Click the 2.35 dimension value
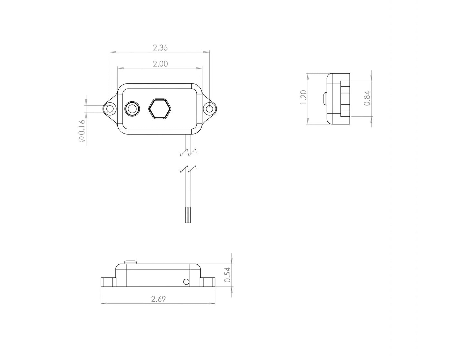click(160, 48)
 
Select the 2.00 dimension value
click(160, 64)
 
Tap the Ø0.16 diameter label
click(81, 131)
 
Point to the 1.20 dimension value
click(303, 97)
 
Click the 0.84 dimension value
click(367, 98)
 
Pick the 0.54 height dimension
click(227, 275)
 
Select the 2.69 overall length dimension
click(158, 299)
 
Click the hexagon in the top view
click(159, 109)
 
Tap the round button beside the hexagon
click(132, 109)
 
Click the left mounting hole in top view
click(110, 109)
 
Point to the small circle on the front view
click(186, 282)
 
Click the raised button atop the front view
click(131, 262)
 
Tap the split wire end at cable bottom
click(188, 216)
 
